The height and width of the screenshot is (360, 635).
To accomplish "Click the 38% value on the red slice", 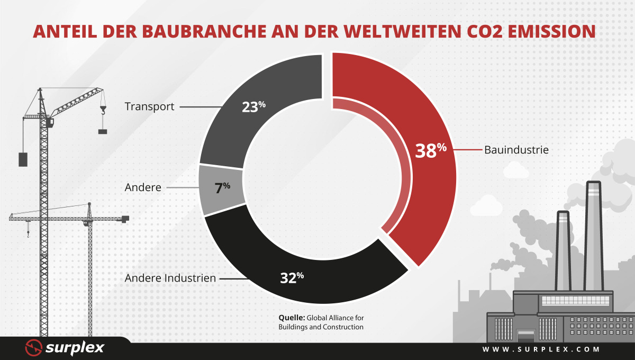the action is click(431, 150).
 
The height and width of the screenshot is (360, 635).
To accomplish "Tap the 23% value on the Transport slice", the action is click(253, 107).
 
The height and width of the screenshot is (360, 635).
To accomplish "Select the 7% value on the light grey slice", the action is click(222, 188).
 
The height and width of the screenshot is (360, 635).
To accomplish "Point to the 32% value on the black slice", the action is click(292, 278).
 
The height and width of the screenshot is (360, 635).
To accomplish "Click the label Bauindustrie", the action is click(516, 150).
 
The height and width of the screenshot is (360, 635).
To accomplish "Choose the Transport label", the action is click(149, 106).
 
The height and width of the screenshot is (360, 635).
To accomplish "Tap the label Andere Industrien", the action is click(170, 278).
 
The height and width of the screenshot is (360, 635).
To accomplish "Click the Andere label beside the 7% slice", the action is click(143, 187).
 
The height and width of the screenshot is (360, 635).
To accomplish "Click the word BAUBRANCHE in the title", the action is click(204, 31).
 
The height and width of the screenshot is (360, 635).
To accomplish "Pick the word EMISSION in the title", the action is click(551, 31).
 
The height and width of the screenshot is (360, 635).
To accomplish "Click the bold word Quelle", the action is click(292, 318).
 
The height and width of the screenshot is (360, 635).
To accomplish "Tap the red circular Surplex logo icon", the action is click(34, 347).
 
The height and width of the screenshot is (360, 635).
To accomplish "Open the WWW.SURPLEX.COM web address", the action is click(541, 349).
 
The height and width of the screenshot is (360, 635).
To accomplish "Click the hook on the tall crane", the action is click(103, 110).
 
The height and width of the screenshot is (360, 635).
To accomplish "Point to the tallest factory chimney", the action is click(593, 236).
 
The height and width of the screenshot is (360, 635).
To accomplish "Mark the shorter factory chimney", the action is click(563, 251).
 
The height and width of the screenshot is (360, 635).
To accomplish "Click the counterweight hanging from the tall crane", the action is click(23, 159).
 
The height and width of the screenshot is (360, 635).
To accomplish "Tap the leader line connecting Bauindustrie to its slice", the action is click(468, 149).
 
